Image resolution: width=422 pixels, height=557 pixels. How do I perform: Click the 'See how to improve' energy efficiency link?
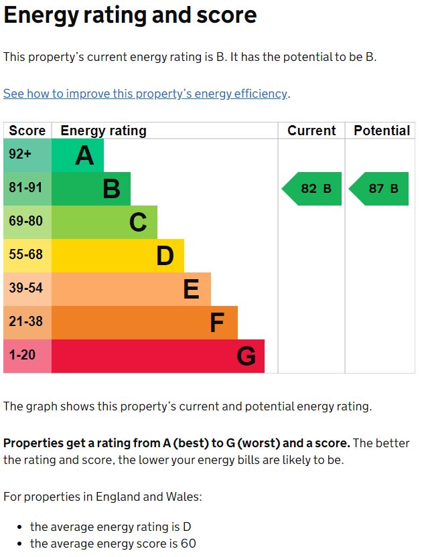click(x=145, y=94)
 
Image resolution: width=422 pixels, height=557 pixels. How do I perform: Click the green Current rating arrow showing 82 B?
click(x=312, y=189)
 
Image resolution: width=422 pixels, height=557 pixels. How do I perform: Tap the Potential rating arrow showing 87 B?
click(x=379, y=189)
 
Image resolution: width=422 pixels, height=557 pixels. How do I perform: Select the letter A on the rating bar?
click(x=84, y=155)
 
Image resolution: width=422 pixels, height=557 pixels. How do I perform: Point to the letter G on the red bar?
click(x=246, y=356)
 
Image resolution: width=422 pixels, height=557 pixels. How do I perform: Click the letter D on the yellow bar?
click(x=165, y=256)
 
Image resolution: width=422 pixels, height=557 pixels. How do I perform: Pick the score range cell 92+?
click(x=20, y=155)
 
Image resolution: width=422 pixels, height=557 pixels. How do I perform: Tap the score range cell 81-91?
click(x=25, y=188)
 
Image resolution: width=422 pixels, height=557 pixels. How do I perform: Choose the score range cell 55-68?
click(x=25, y=255)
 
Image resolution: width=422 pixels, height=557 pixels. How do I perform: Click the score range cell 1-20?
click(x=22, y=355)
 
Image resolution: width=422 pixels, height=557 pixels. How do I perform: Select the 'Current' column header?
click(x=311, y=131)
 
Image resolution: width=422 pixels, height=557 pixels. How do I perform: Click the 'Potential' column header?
click(x=381, y=131)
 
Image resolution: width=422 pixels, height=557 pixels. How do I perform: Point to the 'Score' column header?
click(x=27, y=131)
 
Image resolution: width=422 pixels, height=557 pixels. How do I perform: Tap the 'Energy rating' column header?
click(x=103, y=131)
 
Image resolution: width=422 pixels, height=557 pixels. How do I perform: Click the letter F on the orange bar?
click(x=216, y=323)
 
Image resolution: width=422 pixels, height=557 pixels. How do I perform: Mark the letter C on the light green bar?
click(x=138, y=222)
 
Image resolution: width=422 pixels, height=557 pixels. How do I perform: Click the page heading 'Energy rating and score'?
click(x=130, y=15)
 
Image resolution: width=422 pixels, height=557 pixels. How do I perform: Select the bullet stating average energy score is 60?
click(x=113, y=544)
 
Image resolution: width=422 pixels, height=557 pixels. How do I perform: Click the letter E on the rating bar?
click(x=191, y=289)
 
